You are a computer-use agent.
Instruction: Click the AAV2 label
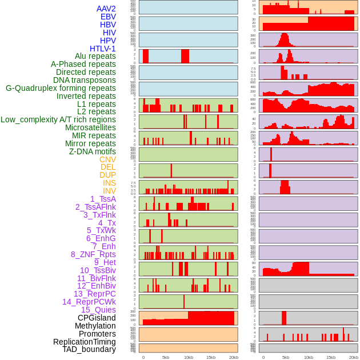106,9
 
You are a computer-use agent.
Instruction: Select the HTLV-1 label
102,49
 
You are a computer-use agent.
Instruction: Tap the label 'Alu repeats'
95,56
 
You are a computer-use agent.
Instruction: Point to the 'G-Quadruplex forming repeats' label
61,88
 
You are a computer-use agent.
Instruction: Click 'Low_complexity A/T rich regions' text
58,119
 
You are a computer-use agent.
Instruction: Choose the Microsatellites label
90,127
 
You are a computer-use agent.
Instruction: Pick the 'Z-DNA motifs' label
92,151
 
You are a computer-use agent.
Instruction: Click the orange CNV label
107,159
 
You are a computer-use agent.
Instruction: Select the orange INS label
109,183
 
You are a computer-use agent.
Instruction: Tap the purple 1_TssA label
103,199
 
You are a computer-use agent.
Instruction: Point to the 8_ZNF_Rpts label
93,254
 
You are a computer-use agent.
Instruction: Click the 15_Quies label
98,310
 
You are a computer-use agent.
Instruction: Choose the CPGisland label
97,318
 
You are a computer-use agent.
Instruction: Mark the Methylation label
95,326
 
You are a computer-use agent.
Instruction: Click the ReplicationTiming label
84,342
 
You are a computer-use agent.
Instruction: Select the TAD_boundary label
89,349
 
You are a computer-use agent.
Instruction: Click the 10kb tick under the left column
189,358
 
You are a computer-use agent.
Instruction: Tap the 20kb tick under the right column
354,358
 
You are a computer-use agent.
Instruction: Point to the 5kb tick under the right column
286,358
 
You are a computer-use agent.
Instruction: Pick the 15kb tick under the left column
211,358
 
